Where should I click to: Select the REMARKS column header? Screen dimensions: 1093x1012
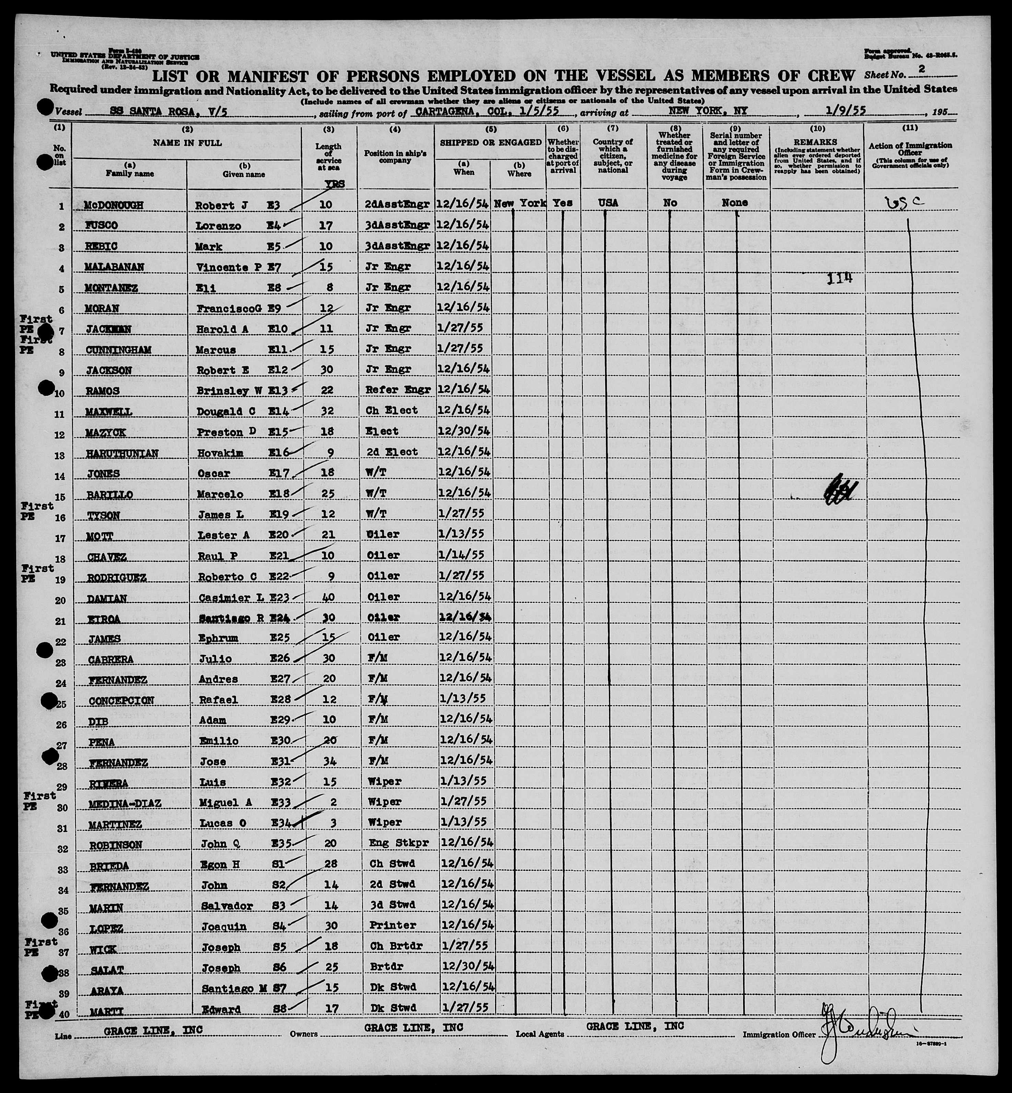click(816, 142)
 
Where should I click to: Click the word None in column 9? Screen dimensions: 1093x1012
click(734, 202)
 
